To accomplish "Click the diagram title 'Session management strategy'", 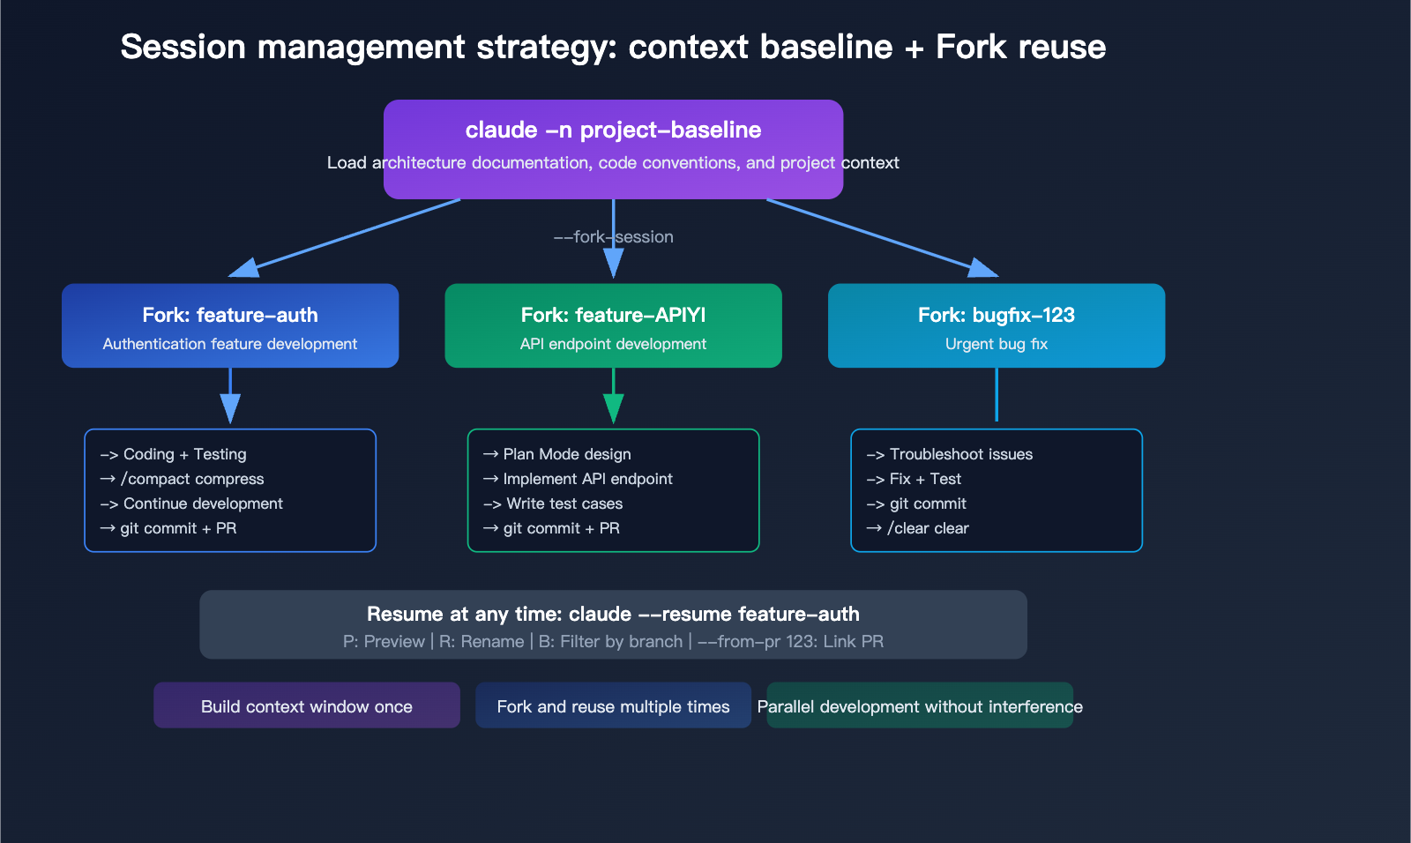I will point(612,47).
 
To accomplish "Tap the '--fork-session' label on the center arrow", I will point(613,236).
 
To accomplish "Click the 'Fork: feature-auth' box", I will point(229,325).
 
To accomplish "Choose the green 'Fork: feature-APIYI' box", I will point(613,325).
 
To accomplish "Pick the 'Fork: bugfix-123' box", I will point(996,325).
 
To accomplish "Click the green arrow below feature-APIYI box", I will point(613,397).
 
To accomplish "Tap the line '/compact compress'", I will point(192,479).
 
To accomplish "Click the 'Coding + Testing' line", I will point(184,454).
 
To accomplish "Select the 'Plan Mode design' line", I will point(566,454).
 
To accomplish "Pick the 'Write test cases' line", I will point(564,504).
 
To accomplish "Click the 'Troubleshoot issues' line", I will point(960,454).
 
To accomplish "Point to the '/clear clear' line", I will point(928,528).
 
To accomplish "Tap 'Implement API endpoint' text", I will point(587,479).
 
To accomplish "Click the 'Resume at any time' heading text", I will point(613,614).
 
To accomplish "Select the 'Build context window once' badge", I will point(306,705).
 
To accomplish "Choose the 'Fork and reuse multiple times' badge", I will point(613,705).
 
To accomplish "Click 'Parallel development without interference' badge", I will point(920,705).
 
